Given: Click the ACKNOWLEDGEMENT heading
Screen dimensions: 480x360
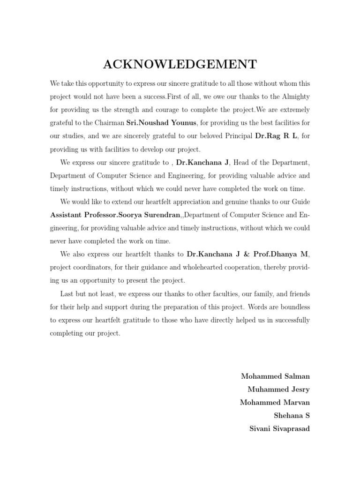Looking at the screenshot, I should tap(180, 65).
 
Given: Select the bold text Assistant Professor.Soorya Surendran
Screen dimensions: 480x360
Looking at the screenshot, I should tap(115, 215).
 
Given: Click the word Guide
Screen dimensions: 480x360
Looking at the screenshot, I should tap(300, 202).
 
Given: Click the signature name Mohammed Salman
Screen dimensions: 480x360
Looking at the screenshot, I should tap(275, 376).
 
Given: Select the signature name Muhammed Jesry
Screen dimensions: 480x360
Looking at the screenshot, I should tap(278, 390).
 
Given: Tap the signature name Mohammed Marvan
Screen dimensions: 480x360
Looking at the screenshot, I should tap(275, 403).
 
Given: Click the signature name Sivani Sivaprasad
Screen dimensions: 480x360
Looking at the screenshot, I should tap(279, 429).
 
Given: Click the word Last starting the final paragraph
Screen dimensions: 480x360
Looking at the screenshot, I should tap(67, 294).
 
